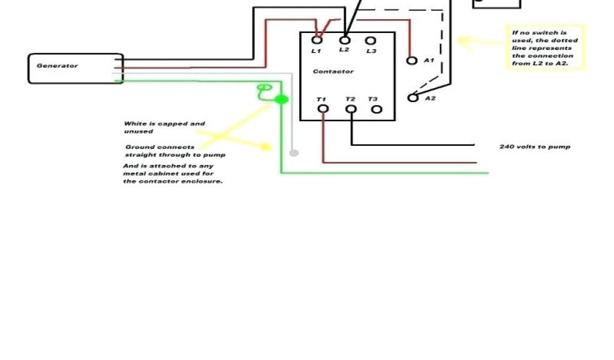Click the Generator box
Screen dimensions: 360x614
76,68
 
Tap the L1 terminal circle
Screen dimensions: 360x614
318,40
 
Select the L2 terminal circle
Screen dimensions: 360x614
345,40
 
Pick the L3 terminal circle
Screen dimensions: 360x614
371,41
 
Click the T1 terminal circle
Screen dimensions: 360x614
323,109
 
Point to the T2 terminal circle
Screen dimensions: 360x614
351,109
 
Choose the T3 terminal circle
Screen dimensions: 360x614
377,109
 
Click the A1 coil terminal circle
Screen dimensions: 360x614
412,61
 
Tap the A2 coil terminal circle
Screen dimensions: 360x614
413,98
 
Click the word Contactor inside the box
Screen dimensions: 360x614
333,71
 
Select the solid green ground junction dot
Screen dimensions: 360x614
281,99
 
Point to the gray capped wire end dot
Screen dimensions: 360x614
293,153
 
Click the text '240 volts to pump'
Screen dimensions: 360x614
534,146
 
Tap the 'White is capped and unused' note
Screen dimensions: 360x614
164,127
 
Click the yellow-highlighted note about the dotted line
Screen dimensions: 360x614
544,48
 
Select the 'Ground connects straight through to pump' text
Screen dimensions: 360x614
175,151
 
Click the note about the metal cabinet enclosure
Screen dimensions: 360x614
173,173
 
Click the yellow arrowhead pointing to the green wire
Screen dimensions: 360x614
269,147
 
